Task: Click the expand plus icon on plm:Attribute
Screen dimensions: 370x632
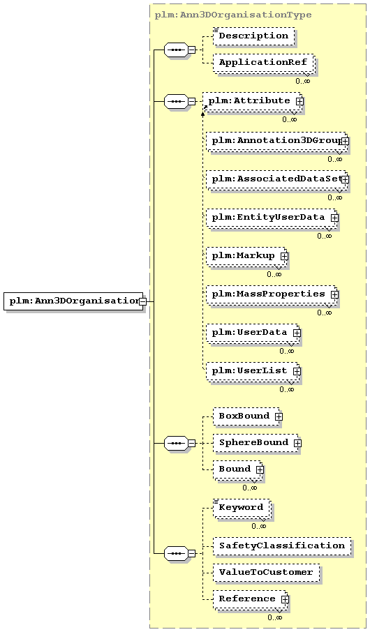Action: tap(299, 102)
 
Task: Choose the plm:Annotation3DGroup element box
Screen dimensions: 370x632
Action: tap(276, 141)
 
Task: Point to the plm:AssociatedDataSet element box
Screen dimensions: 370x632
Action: tap(276, 179)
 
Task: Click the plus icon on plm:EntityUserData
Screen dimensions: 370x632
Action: tap(334, 218)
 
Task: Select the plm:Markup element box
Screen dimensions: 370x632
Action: tap(246, 256)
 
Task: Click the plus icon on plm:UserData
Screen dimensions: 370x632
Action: tap(297, 333)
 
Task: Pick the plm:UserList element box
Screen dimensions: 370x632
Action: tap(252, 371)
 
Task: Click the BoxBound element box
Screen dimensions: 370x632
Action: tap(246, 416)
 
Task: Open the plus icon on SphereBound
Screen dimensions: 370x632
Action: tap(297, 443)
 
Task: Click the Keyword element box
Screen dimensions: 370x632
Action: tap(242, 509)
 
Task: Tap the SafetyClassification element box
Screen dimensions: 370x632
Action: tap(282, 546)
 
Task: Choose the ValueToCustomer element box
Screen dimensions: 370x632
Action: tap(266, 573)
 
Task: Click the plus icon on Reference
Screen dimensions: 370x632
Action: tap(285, 599)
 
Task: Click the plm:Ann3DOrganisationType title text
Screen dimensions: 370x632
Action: tap(233, 15)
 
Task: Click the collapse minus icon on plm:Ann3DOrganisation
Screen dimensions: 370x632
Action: tap(142, 301)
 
